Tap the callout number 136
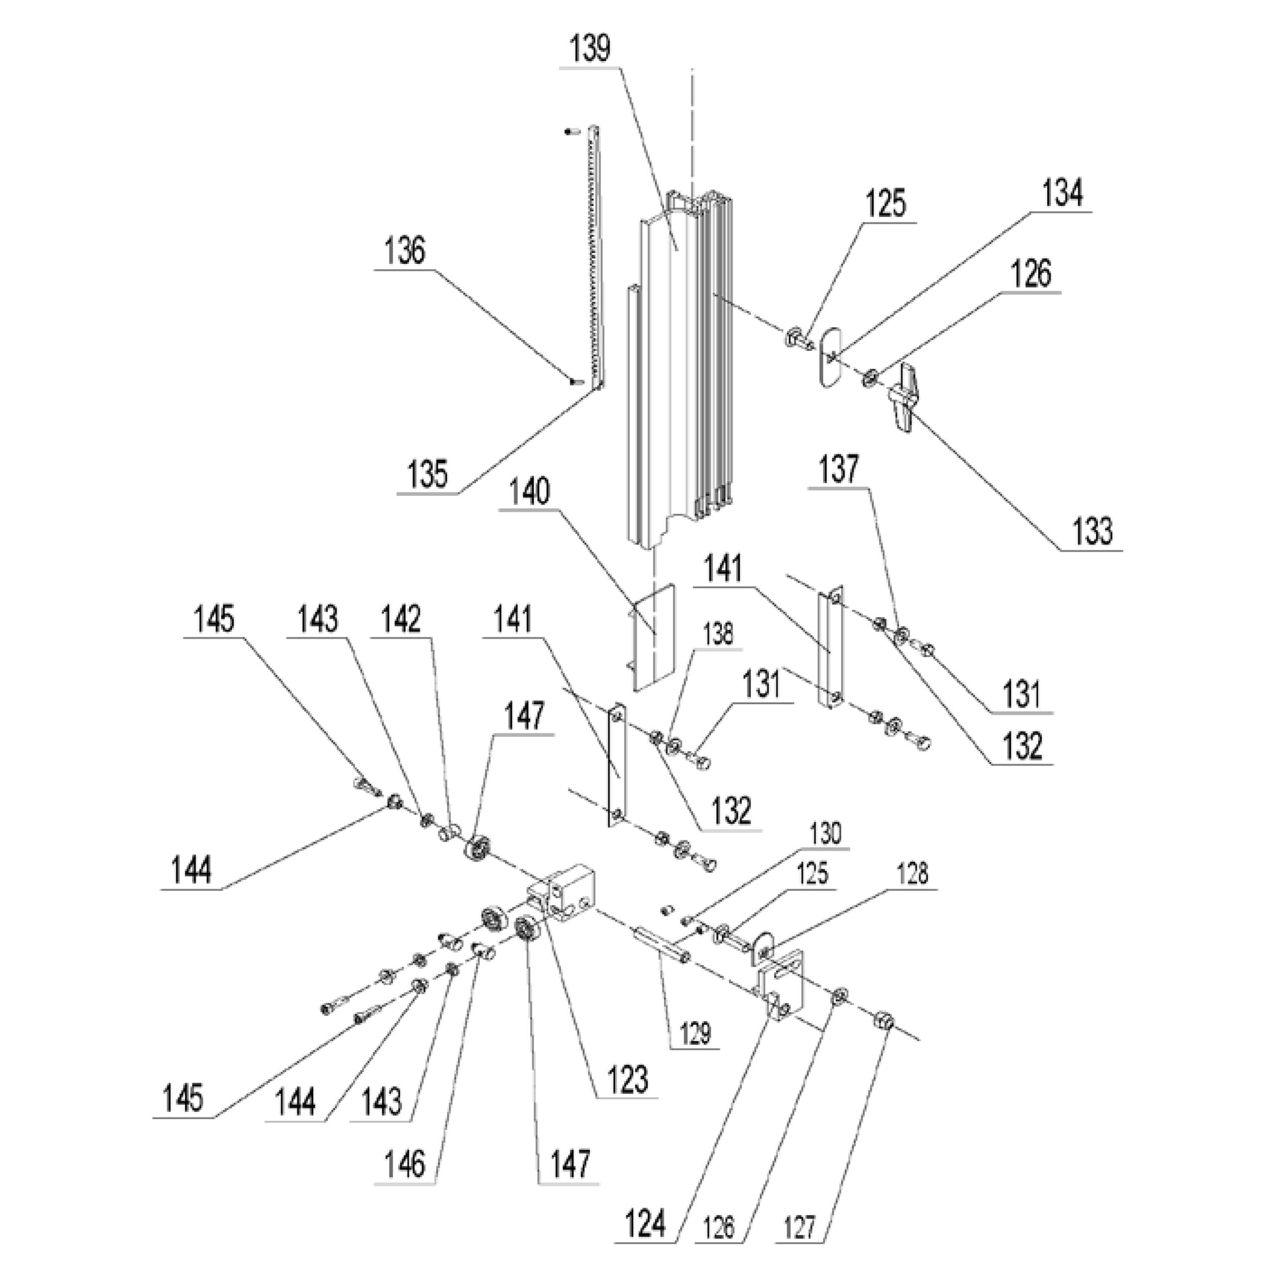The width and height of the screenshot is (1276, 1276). coord(405,252)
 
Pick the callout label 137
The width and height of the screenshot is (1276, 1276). coord(839,469)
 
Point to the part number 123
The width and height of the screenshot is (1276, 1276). coord(628,1080)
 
